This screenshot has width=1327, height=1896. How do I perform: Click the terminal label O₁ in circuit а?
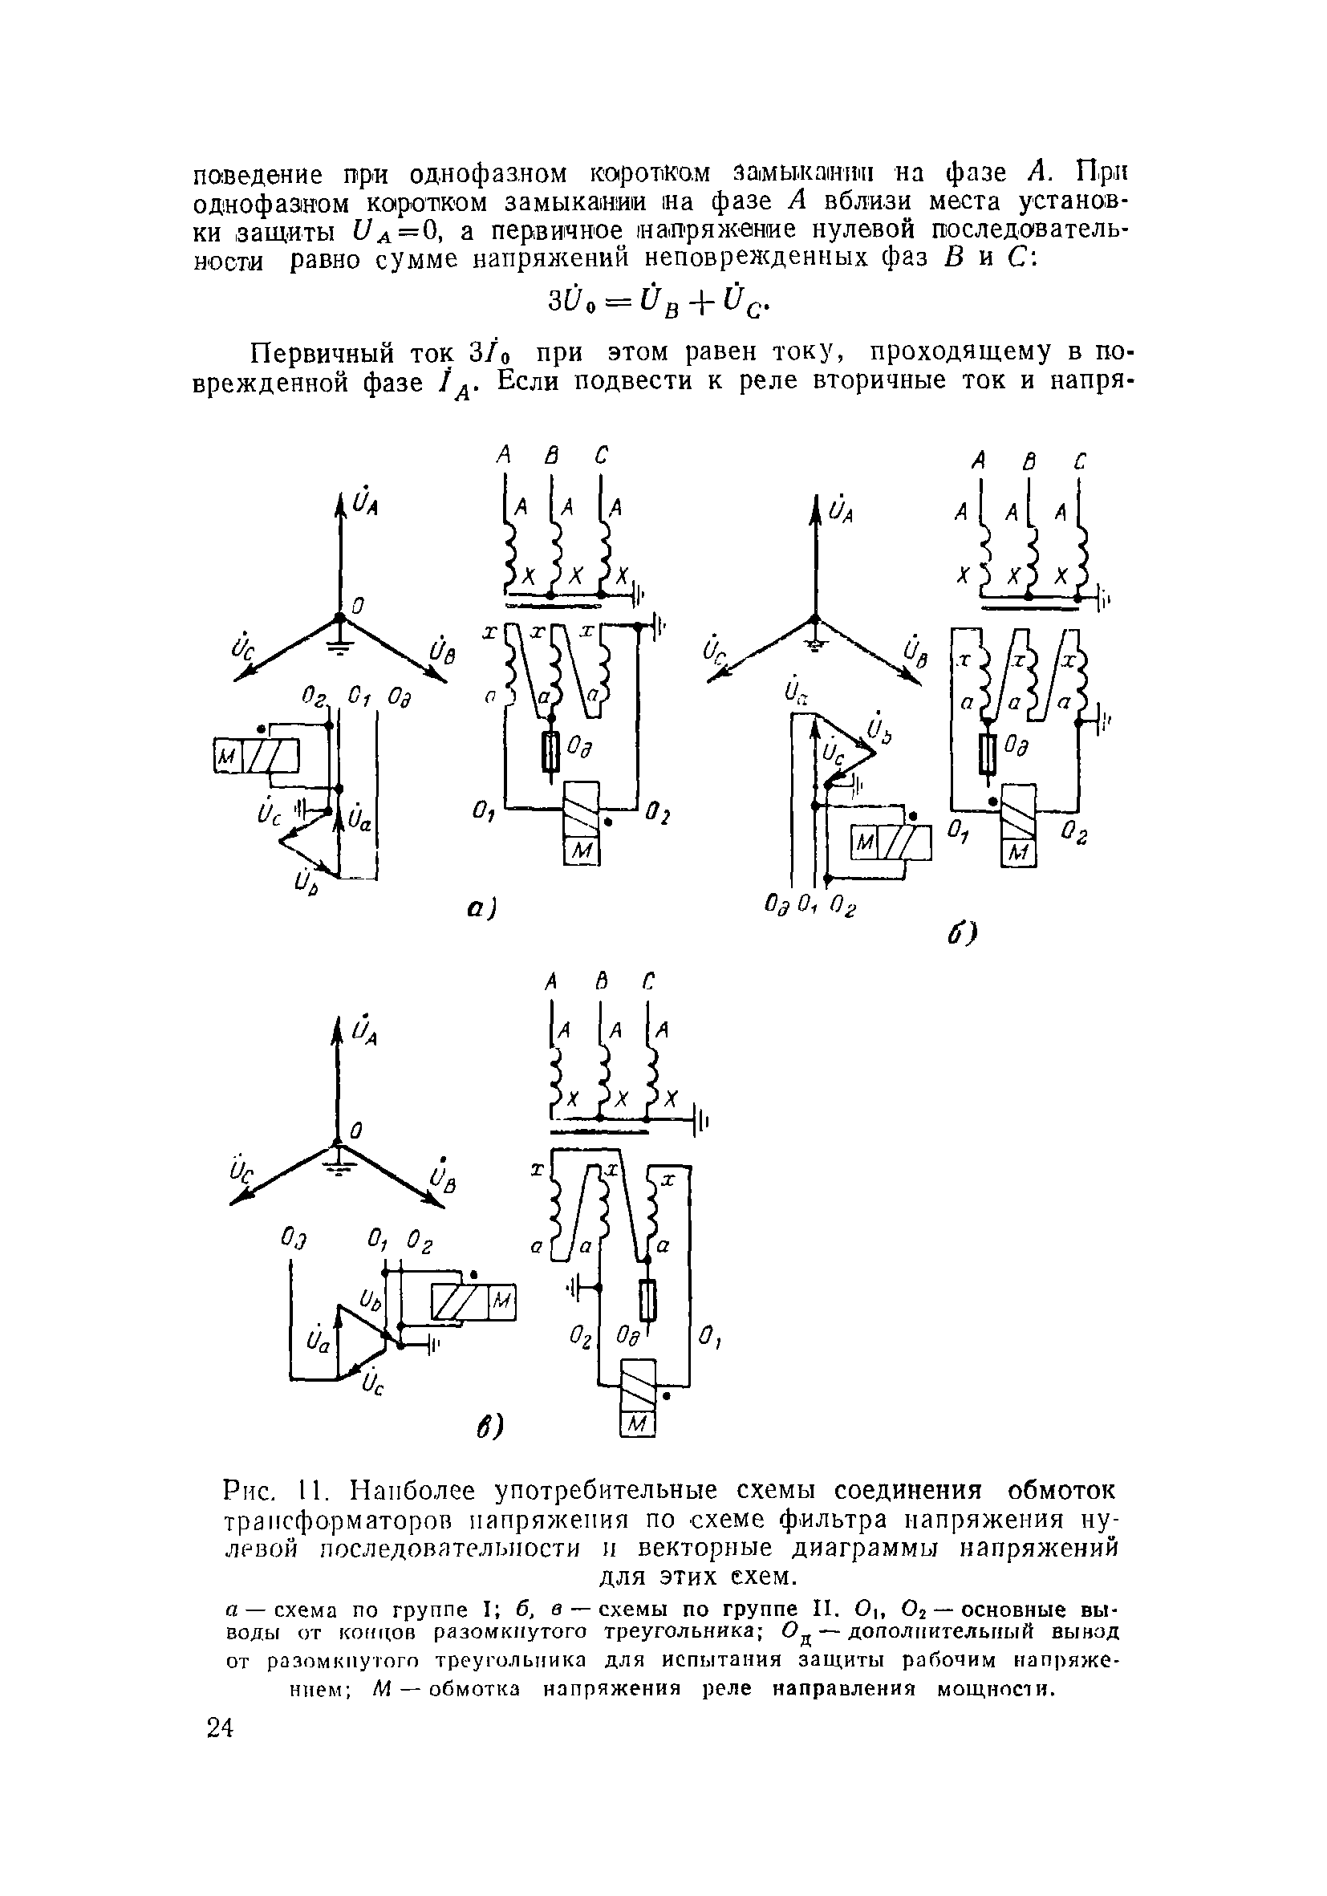(x=484, y=814)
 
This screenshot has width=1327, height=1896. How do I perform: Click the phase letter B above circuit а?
(x=551, y=455)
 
